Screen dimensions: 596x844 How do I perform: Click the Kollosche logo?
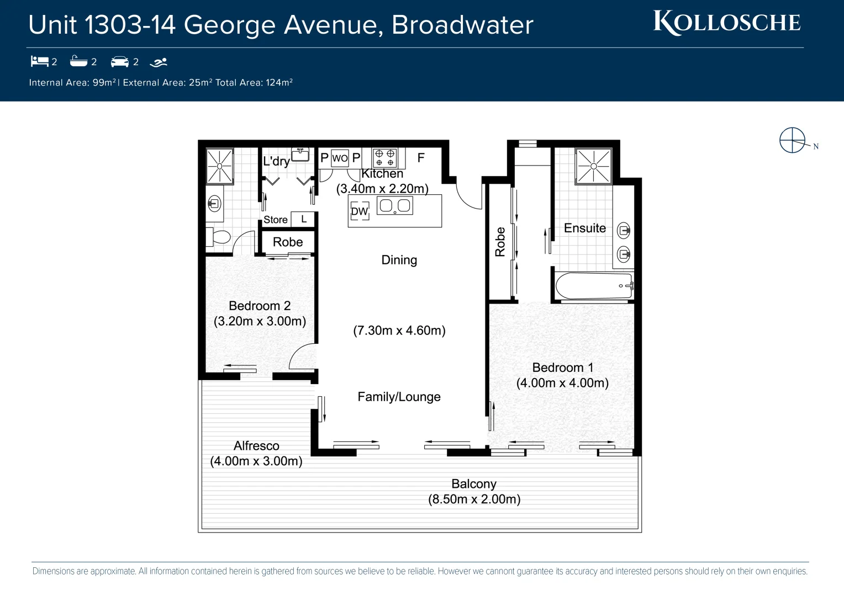tap(727, 23)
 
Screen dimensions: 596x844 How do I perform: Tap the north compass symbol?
tap(793, 140)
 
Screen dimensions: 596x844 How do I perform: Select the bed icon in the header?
tap(39, 61)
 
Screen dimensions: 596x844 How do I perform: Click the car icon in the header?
tap(120, 61)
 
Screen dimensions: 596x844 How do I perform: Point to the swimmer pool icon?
tap(159, 62)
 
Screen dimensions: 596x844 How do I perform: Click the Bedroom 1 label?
tap(562, 368)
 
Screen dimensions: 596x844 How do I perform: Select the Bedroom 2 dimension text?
tap(260, 321)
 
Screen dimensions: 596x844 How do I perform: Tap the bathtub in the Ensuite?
tap(594, 286)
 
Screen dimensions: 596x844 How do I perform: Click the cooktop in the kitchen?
tap(384, 158)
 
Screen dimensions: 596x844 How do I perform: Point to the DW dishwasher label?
tap(359, 211)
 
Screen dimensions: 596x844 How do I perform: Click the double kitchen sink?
tap(395, 206)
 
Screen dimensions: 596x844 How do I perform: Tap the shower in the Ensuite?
tap(593, 166)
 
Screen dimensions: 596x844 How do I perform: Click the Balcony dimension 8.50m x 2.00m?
tap(474, 499)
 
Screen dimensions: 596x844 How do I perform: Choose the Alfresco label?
tap(256, 446)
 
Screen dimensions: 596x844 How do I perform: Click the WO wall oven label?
tap(340, 158)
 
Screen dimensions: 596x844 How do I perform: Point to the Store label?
tap(275, 220)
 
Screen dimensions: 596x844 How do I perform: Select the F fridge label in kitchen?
tap(421, 158)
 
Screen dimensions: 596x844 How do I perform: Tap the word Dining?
tap(399, 260)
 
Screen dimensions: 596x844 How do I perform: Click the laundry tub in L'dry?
tap(300, 155)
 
